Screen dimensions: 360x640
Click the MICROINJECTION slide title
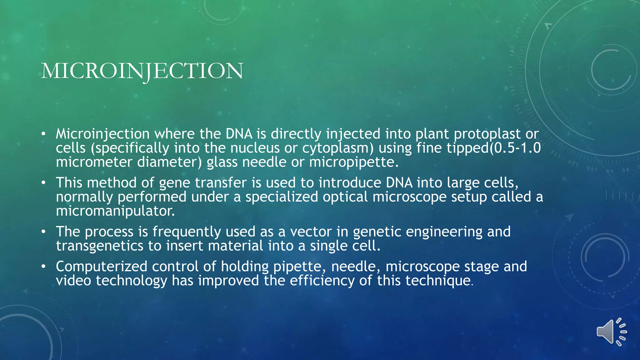[x=142, y=71]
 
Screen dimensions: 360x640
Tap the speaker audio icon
[x=611, y=332]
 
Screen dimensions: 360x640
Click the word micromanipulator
[x=115, y=211]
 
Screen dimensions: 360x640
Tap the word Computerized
[x=101, y=267]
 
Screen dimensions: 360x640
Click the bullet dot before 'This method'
[x=44, y=183]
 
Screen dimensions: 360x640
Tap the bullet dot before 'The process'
[x=44, y=232]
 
